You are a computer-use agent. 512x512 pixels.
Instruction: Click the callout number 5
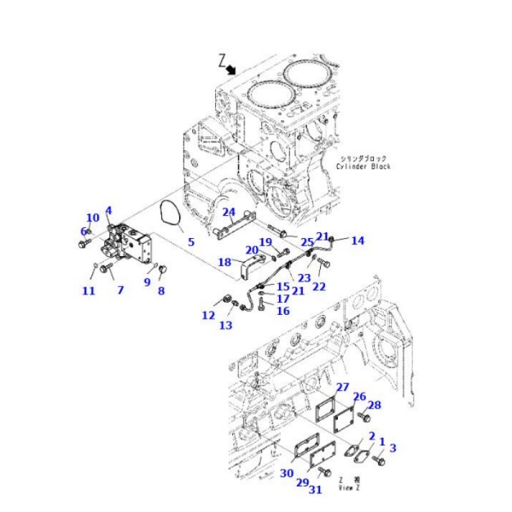191,242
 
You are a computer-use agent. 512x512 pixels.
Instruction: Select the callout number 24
229,212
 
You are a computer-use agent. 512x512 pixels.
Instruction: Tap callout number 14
358,241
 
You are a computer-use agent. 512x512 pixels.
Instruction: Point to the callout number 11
89,291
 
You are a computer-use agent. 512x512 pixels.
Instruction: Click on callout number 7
120,290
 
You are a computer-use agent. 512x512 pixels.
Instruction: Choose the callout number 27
342,387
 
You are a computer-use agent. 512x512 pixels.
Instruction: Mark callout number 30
287,474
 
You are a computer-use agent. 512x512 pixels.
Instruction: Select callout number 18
224,263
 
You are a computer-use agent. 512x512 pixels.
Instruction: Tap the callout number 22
318,287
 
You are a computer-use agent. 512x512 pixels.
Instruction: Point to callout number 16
282,311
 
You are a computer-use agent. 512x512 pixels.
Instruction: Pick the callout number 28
375,404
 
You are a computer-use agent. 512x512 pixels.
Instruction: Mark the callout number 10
93,218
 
